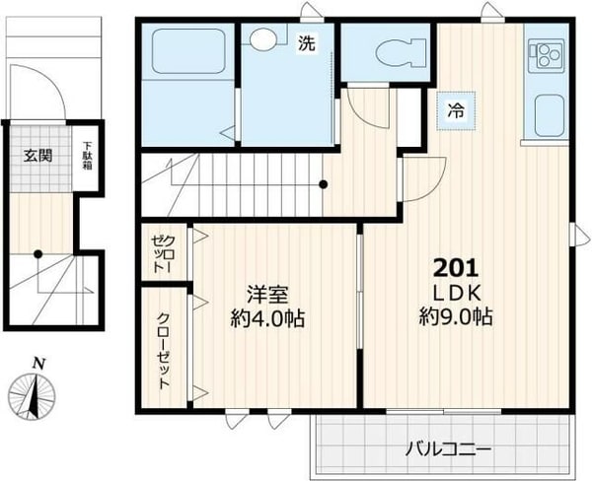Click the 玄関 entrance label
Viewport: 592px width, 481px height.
(x=37, y=156)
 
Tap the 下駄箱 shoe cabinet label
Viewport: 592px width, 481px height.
(x=88, y=156)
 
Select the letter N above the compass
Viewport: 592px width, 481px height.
(x=38, y=364)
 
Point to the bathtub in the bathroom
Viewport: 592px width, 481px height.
(x=188, y=51)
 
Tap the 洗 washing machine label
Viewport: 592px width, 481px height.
(x=306, y=42)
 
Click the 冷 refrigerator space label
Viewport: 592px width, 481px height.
(x=456, y=111)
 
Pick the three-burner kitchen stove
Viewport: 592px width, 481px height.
(x=547, y=56)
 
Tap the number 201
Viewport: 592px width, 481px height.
(x=456, y=269)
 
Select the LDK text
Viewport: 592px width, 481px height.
(x=457, y=293)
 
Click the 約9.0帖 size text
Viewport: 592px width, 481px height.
(x=456, y=317)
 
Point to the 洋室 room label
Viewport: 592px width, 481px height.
(x=268, y=295)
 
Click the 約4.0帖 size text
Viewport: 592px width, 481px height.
(x=268, y=319)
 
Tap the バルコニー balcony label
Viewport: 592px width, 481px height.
(x=448, y=449)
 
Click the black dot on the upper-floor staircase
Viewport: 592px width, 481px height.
(x=324, y=184)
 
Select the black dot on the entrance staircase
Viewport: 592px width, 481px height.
(x=37, y=254)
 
